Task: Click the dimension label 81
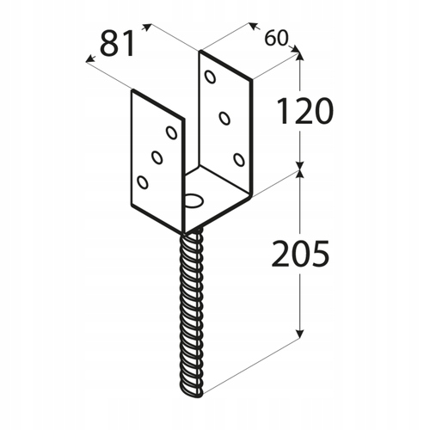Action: pyautogui.click(x=117, y=43)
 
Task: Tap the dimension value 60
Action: pyautogui.click(x=275, y=38)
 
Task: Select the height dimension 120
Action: pyautogui.click(x=305, y=111)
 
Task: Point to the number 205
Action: pyautogui.click(x=300, y=254)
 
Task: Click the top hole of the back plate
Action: pyautogui.click(x=210, y=77)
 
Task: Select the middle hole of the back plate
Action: pyautogui.click(x=224, y=118)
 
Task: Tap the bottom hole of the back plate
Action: pyautogui.click(x=239, y=160)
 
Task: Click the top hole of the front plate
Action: pyautogui.click(x=171, y=132)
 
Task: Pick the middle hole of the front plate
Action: pyautogui.click(x=157, y=157)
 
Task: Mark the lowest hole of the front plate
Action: pyautogui.click(x=143, y=182)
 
